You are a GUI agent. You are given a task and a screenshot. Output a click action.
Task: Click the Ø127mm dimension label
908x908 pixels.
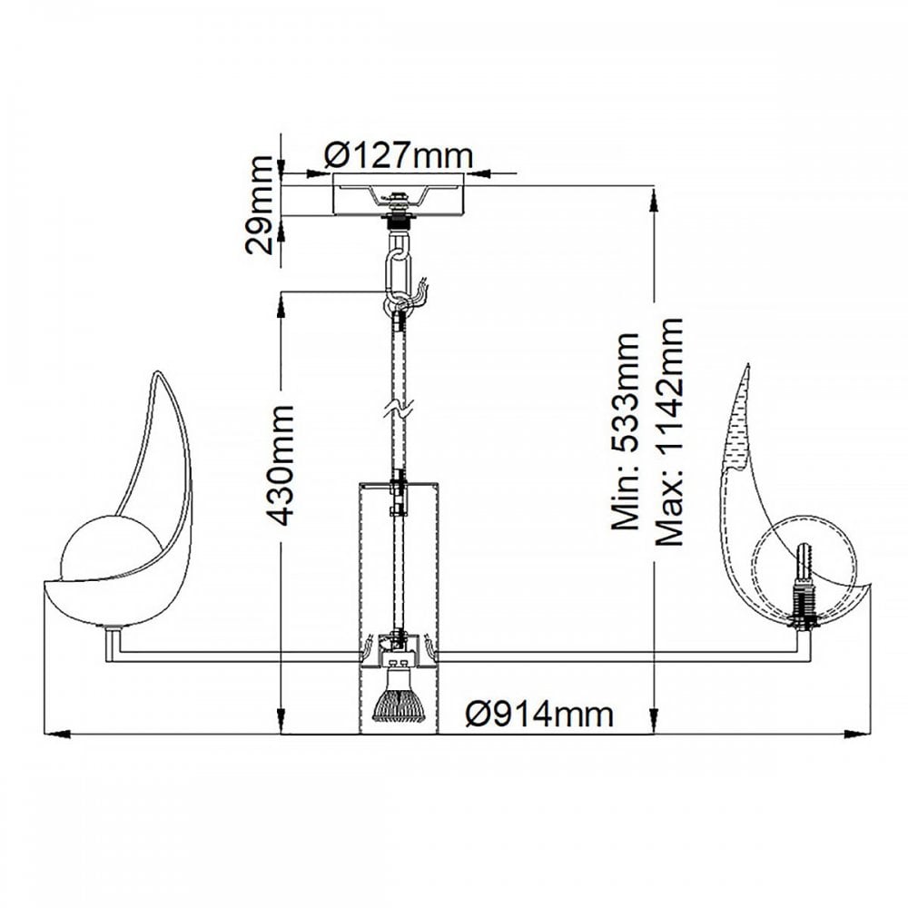tap(399, 155)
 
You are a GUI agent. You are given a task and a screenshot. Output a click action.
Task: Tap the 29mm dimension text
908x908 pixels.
tap(259, 205)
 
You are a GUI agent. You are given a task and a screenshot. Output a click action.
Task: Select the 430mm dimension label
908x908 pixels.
tap(282, 466)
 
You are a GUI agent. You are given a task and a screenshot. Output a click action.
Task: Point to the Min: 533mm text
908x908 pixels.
tap(625, 431)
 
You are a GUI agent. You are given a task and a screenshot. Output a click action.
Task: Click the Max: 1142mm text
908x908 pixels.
tap(669, 431)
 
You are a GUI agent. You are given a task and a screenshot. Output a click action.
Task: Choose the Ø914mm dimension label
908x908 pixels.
tap(539, 715)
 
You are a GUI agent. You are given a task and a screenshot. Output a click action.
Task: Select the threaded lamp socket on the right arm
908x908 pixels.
tap(804, 587)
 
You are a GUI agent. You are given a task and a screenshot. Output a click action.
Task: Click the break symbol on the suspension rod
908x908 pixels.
tap(399, 409)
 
